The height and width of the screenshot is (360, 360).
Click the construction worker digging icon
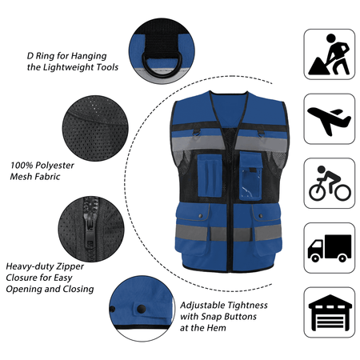(329, 54)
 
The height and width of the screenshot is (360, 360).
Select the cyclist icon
(330, 183)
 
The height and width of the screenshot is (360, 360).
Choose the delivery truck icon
(330, 248)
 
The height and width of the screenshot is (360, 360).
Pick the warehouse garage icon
(330, 313)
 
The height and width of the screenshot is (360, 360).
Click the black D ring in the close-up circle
(162, 64)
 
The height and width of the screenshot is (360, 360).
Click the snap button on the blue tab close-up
(141, 309)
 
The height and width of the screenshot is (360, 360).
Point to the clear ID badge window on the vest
(250, 186)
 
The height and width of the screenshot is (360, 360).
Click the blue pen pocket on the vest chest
(210, 176)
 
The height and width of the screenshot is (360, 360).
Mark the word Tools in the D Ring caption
(107, 67)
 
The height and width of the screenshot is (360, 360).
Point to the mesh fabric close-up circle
(95, 128)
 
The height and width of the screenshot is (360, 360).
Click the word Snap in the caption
(211, 317)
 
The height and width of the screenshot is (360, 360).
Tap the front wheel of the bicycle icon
(343, 192)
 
